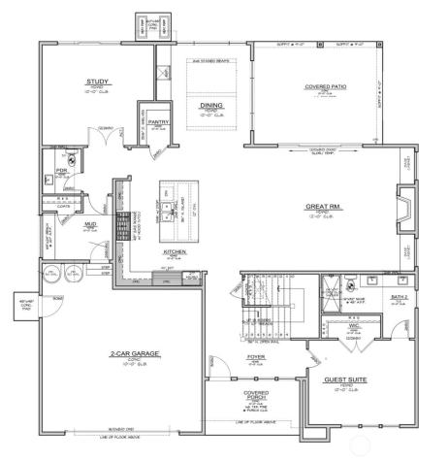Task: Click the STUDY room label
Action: [96, 82]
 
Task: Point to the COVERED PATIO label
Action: [325, 87]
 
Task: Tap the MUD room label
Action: [91, 223]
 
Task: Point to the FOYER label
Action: [255, 356]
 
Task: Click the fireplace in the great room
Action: [400, 207]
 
